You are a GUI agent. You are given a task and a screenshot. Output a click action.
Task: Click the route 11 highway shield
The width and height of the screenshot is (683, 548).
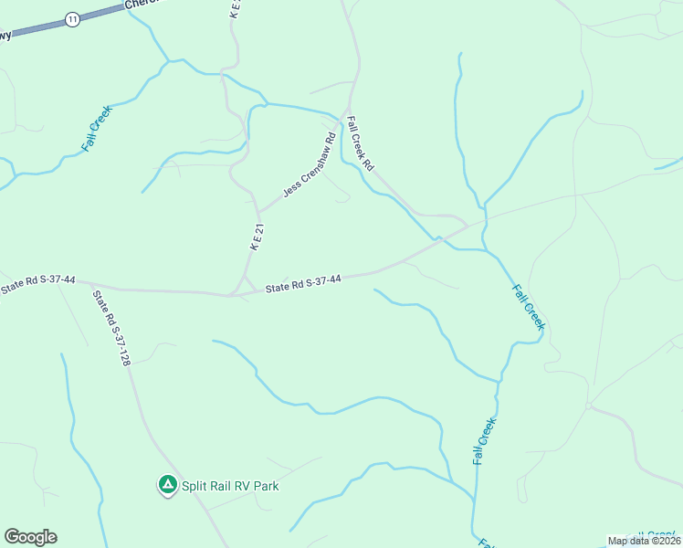pyautogui.click(x=72, y=19)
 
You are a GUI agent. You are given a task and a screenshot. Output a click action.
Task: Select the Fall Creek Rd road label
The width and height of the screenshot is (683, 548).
pyautogui.click(x=361, y=144)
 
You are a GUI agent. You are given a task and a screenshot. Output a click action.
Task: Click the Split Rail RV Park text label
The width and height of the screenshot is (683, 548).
pyautogui.click(x=229, y=486)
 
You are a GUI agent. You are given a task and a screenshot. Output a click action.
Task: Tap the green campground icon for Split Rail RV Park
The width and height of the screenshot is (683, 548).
pyautogui.click(x=167, y=485)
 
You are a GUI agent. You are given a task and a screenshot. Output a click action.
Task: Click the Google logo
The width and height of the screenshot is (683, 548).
pyautogui.click(x=30, y=537)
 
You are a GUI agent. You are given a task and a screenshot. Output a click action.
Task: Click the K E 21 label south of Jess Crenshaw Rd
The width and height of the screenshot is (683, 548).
pyautogui.click(x=257, y=237)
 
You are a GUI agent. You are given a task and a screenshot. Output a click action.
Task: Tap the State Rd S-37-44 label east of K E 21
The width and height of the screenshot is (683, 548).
pyautogui.click(x=303, y=284)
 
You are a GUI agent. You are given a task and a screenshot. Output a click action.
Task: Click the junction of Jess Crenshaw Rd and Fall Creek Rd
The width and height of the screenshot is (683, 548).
pyautogui.click(x=342, y=119)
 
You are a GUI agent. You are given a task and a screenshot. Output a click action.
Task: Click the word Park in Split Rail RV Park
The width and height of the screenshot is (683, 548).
pyautogui.click(x=264, y=486)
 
